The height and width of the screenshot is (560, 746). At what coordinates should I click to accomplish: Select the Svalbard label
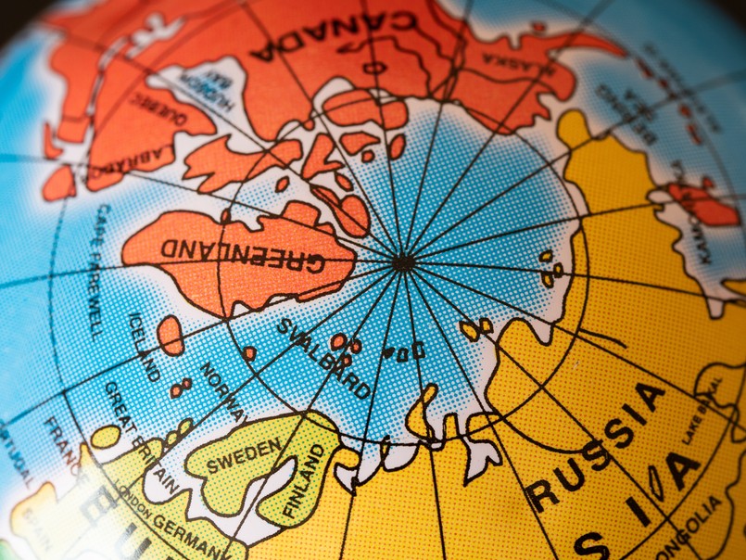click(323, 357)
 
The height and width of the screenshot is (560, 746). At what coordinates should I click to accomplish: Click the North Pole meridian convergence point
click(403, 263)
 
